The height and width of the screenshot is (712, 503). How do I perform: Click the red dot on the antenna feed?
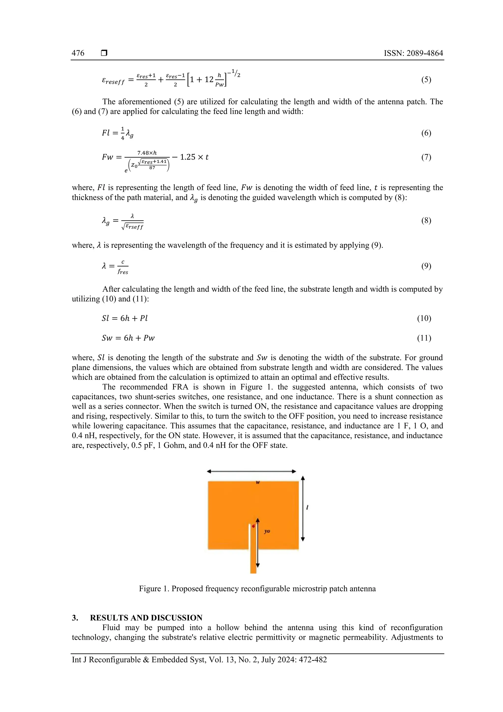pyautogui.click(x=253, y=526)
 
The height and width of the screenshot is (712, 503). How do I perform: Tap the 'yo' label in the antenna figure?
pyautogui.click(x=267, y=531)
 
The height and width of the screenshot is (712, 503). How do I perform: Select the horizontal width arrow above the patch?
pyautogui.click(x=251, y=471)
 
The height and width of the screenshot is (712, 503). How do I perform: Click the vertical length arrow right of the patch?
pyautogui.click(x=303, y=509)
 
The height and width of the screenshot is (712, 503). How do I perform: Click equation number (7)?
pyautogui.click(x=426, y=157)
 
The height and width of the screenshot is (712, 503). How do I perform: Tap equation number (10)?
pyautogui.click(x=424, y=318)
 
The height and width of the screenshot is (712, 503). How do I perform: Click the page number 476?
pyautogui.click(x=78, y=53)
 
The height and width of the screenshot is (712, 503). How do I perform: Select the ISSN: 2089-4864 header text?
pyautogui.click(x=413, y=53)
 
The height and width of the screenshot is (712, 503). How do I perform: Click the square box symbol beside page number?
pyautogui.click(x=104, y=53)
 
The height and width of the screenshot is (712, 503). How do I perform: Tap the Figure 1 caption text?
pyautogui.click(x=257, y=589)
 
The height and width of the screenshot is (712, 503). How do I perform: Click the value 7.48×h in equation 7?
pyautogui.click(x=147, y=153)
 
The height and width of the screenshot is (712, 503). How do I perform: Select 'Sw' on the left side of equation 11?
pyautogui.click(x=107, y=338)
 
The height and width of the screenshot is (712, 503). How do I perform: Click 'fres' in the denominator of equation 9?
pyautogui.click(x=123, y=272)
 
